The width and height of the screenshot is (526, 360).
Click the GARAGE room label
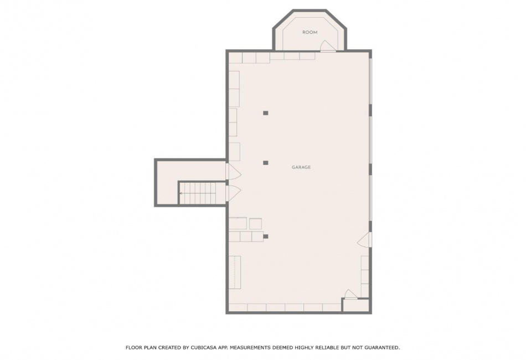(x=301, y=167)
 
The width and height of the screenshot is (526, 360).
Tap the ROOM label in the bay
(x=310, y=32)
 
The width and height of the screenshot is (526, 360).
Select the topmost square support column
(x=265, y=113)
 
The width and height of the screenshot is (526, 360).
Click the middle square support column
(x=265, y=163)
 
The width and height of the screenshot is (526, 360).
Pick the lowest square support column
(x=265, y=236)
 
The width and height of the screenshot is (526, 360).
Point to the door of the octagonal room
(x=327, y=46)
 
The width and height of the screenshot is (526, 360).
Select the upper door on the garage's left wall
(x=234, y=172)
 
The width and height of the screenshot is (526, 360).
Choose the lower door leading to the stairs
(x=234, y=193)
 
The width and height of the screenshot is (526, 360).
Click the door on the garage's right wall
(x=364, y=240)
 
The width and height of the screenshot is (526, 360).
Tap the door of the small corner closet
(x=350, y=294)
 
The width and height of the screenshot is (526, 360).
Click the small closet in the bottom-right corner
(x=355, y=305)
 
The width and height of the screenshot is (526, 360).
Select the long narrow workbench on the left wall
(x=235, y=272)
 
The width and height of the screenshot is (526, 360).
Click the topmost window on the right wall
(x=370, y=81)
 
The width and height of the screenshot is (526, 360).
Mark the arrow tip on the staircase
(x=181, y=193)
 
